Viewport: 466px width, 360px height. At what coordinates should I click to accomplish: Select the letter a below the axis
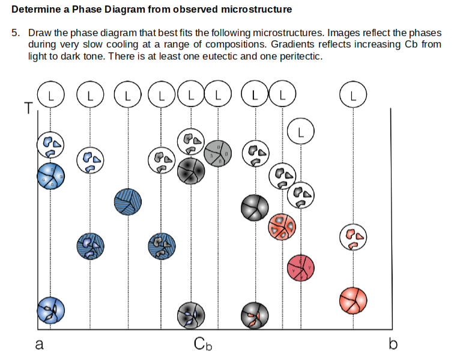tap(39, 345)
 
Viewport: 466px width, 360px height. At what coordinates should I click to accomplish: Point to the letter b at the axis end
tap(393, 345)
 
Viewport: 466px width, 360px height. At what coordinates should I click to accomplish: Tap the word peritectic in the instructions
tap(298, 56)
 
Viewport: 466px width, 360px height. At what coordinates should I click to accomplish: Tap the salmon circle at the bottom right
tap(353, 301)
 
